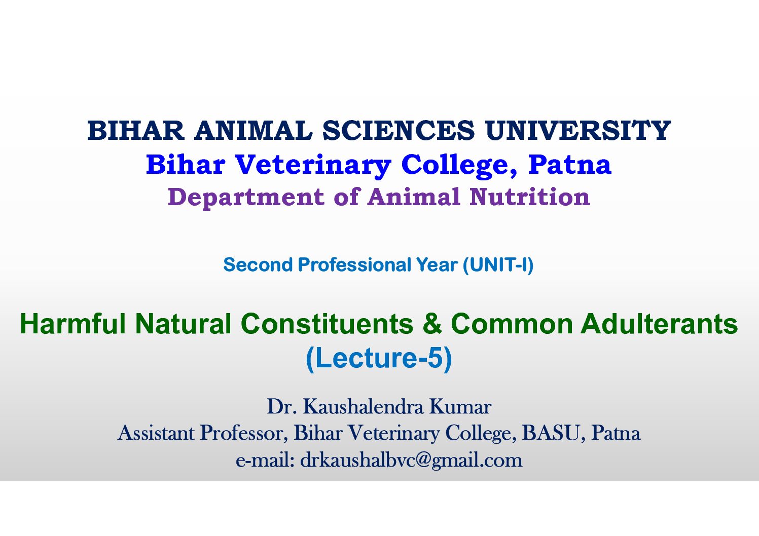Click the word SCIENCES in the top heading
[x=399, y=130]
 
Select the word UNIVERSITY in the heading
[x=578, y=130]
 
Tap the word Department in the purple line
[x=246, y=198]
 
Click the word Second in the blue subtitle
[x=258, y=264]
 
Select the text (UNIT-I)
[x=498, y=265]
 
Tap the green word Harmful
[x=73, y=323]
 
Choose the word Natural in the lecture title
[x=184, y=323]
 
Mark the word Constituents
[x=328, y=323]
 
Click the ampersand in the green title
[x=432, y=323]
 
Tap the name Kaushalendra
[x=363, y=407]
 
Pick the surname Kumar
[x=460, y=407]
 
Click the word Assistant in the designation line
[x=156, y=433]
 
